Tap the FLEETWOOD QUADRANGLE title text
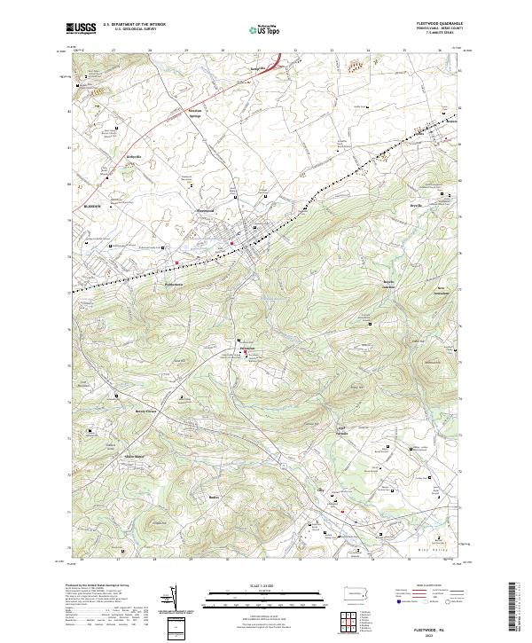click(x=438, y=24)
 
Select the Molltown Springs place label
click(x=195, y=113)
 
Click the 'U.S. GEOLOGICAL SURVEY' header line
click(x=134, y=30)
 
